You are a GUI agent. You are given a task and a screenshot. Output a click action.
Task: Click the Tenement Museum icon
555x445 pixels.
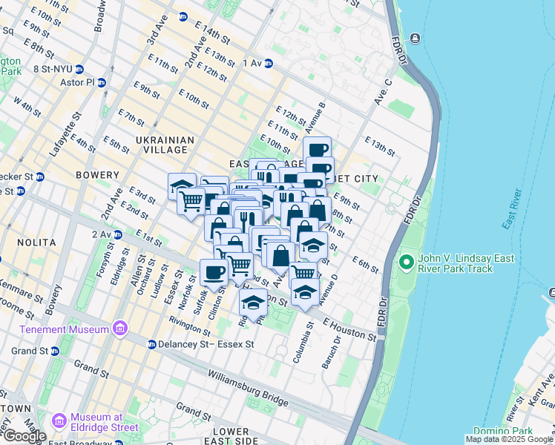(x=119, y=329)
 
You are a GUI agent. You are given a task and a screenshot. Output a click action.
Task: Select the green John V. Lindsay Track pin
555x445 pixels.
(x=406, y=262)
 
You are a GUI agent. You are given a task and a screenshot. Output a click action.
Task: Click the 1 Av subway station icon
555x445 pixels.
(x=269, y=63)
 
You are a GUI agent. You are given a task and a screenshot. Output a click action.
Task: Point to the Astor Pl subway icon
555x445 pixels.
(x=102, y=82)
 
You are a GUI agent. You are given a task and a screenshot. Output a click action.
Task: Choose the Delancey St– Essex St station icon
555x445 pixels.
(x=151, y=344)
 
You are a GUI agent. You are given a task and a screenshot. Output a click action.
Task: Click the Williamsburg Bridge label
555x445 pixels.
(x=247, y=389)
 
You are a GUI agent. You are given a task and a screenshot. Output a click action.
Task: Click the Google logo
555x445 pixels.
(x=24, y=436)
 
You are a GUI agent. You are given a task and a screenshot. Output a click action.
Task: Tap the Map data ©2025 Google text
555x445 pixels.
(x=508, y=439)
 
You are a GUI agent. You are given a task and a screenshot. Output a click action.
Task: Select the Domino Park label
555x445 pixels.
(x=528, y=431)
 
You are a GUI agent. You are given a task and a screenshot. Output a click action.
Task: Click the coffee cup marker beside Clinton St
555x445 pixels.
(x=214, y=271)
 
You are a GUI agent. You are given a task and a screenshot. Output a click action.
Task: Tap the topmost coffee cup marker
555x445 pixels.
(x=317, y=149)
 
